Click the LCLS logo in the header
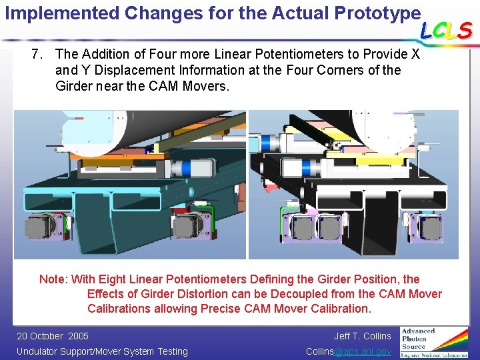click(446, 30)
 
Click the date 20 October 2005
click(52, 336)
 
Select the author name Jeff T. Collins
click(363, 336)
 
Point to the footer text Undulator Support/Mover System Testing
click(102, 351)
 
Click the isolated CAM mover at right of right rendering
click(426, 227)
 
